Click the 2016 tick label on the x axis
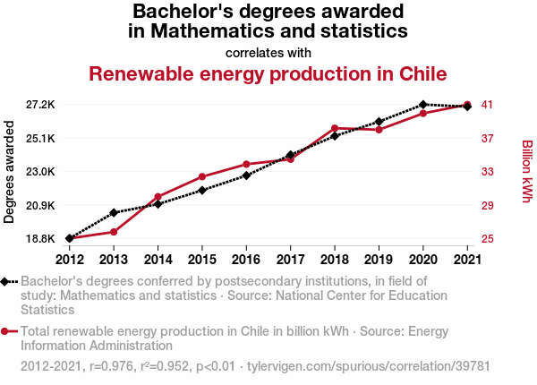pos(246,260)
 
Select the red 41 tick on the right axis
pos(489,105)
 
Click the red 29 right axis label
pos(489,206)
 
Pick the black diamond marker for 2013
pos(114,213)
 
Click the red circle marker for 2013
pos(114,232)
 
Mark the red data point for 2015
pos(202,176)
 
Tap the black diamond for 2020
pos(423,105)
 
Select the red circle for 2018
pos(335,129)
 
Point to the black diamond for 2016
pos(246,175)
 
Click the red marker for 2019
pos(379,130)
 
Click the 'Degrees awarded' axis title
pos(10,173)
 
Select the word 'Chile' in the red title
pos(421,73)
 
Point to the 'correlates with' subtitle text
pos(268,52)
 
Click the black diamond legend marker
pos(6,281)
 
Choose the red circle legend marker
pos(6,331)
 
